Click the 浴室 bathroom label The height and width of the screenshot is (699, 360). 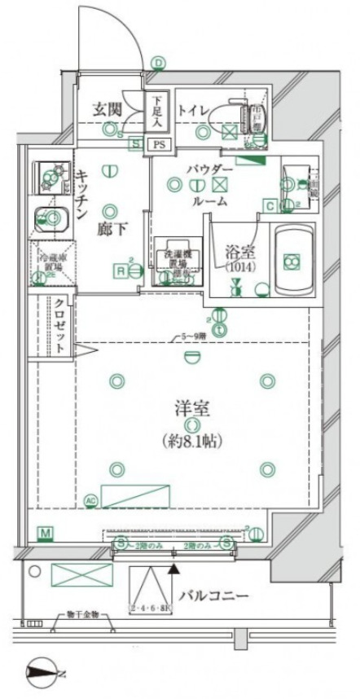pos(236,253)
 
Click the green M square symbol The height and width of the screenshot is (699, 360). pos(46,534)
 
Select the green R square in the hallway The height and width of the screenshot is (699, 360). pos(121,270)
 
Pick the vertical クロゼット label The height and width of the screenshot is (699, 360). pos(60,323)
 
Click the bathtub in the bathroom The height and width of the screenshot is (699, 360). pos(290,261)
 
